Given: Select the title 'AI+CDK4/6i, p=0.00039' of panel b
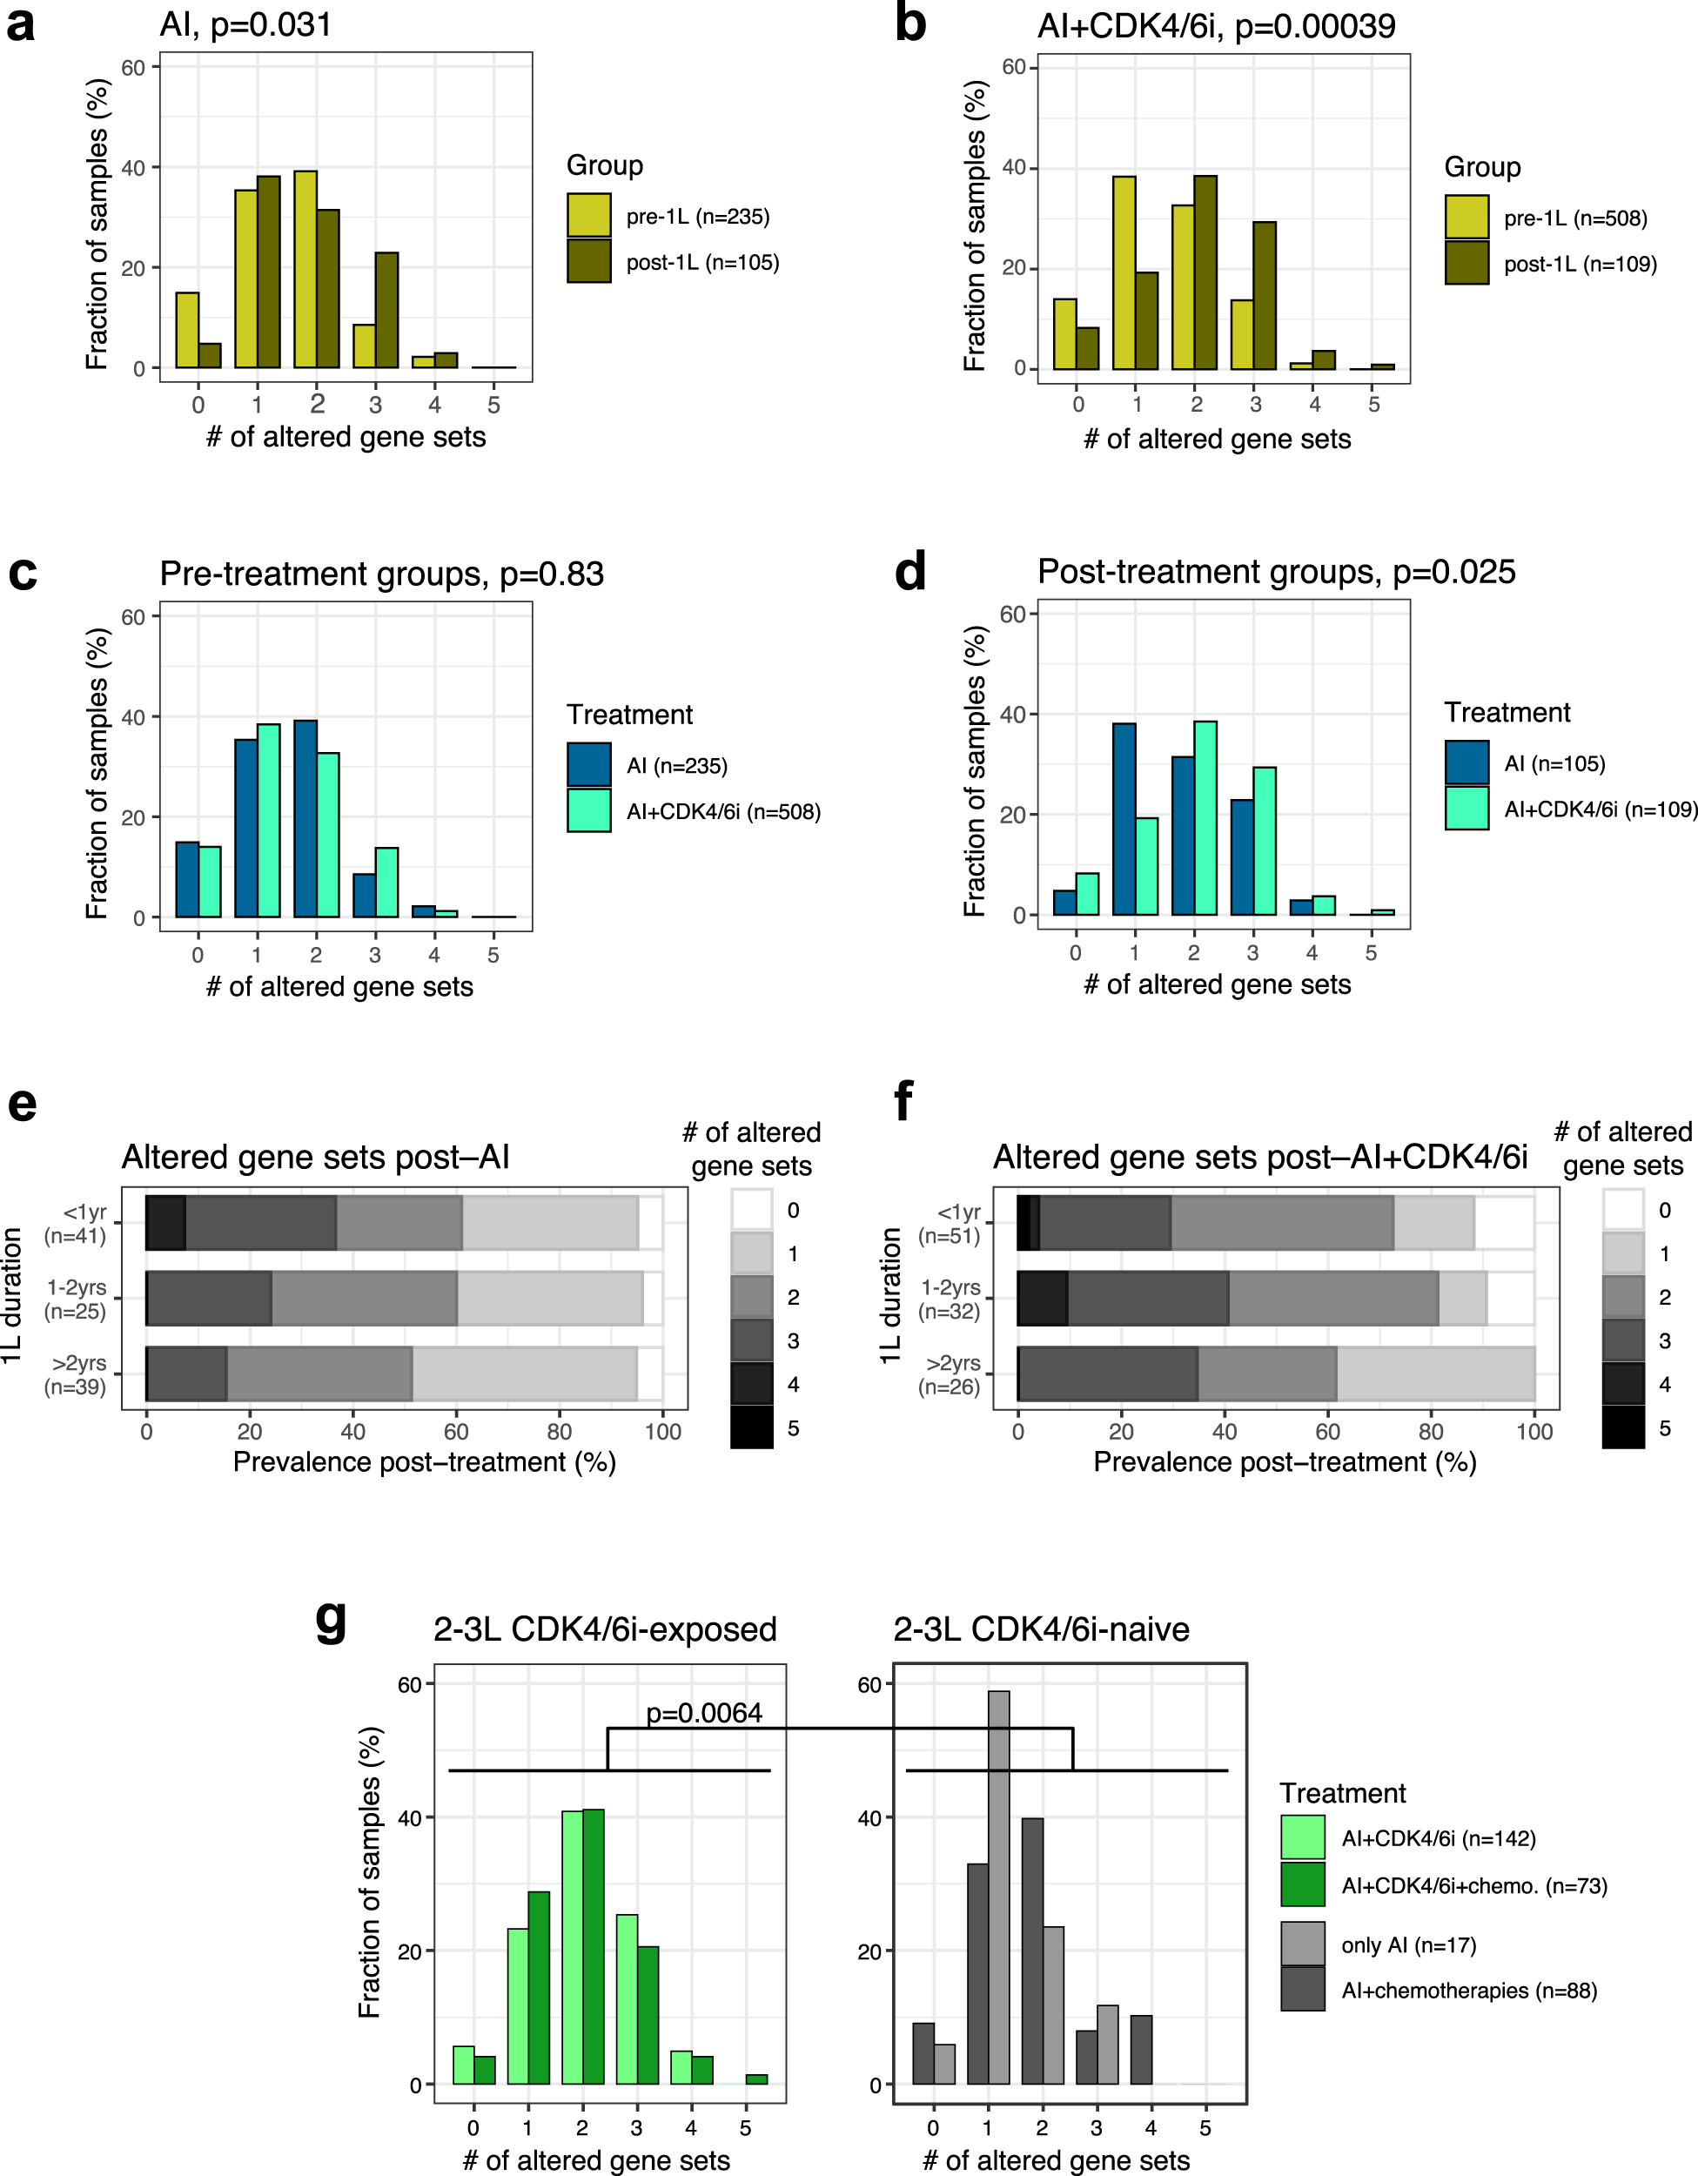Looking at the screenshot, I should tap(1216, 26).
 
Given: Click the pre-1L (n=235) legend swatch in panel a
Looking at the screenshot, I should tap(589, 216).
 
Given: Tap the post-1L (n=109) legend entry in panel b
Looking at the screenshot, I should tap(1580, 264).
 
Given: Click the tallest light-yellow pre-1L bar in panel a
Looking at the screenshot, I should tap(305, 269).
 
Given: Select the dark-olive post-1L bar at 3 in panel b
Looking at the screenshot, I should tap(1265, 295).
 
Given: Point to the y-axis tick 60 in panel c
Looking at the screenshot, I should tap(133, 618).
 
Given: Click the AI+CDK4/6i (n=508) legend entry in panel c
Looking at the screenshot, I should tap(722, 812).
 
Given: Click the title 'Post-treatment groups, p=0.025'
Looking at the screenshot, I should tap(1276, 572).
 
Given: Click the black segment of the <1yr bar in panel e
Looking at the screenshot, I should tap(165, 1223).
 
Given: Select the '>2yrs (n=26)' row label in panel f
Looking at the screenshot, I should tap(950, 1375).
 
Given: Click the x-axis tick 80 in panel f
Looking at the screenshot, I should tap(1431, 1432).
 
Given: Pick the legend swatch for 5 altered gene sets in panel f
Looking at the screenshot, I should tap(1623, 1427).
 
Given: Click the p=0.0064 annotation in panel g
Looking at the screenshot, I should tap(703, 1713).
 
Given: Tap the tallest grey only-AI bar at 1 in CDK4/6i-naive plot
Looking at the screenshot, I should tap(998, 1887).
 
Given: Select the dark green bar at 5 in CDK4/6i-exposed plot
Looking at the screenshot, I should tap(756, 2079).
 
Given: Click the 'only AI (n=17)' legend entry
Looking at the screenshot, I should tap(1408, 1944).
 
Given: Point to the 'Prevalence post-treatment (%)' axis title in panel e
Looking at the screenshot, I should tap(425, 1461).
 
